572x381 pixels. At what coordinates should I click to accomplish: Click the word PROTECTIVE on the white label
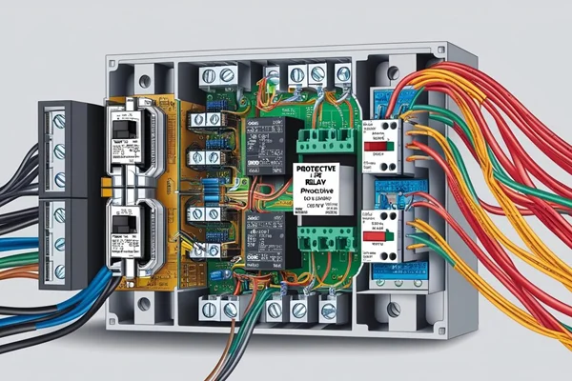click(x=323, y=165)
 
